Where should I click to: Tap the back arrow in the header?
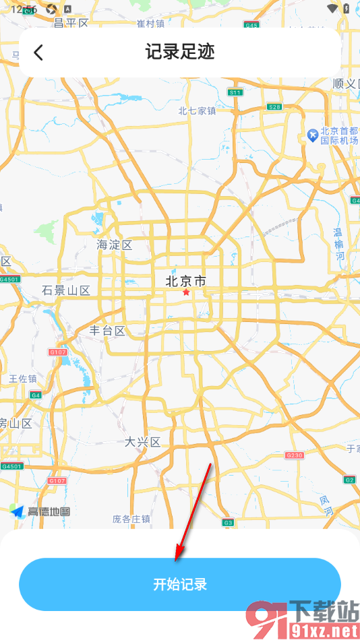[x=38, y=53]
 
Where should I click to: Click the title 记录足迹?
[x=180, y=53]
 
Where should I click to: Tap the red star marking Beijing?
[x=186, y=293]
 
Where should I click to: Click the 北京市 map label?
[x=186, y=280]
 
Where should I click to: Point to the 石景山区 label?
[x=65, y=290]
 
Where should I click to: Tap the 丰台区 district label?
[x=108, y=331]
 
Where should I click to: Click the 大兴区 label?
[x=143, y=442]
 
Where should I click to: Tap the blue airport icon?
[x=313, y=135]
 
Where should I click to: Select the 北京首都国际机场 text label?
[x=339, y=136]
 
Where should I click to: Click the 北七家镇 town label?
[x=197, y=111]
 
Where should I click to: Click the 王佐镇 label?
[x=23, y=379]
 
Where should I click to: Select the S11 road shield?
[x=235, y=92]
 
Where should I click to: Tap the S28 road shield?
[x=274, y=107]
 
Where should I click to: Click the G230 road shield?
[x=295, y=455]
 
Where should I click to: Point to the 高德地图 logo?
[x=40, y=511]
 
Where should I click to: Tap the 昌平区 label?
[x=71, y=24]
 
